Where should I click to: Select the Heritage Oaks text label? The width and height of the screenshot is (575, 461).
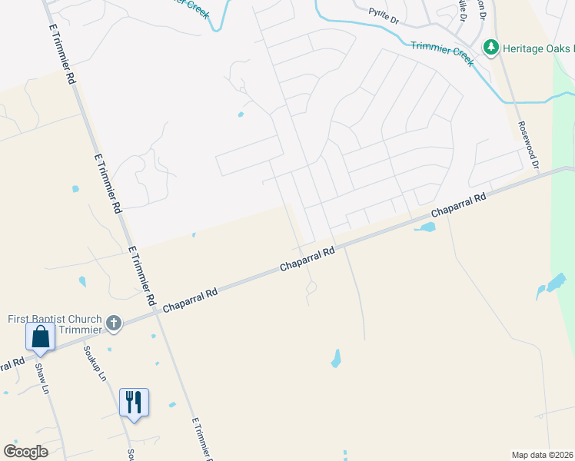[x=538, y=48]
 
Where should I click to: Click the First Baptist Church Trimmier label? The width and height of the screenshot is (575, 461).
[x=55, y=324]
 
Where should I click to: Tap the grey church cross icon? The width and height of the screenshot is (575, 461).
[x=114, y=323]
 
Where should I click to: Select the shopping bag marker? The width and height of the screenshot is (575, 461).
[x=40, y=337]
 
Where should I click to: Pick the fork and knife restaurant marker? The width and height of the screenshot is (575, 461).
[x=134, y=402]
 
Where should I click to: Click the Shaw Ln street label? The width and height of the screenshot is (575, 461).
[x=42, y=379]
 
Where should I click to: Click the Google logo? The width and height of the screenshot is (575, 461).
[x=25, y=452]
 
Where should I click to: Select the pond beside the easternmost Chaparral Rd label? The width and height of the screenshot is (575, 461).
[x=425, y=227]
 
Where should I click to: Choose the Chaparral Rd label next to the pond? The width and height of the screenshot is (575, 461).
[x=459, y=204]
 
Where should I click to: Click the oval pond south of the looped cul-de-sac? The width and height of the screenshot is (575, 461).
[x=336, y=358]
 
